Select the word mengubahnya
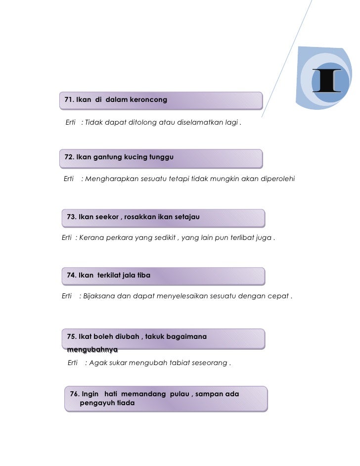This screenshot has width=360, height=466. (x=89, y=349)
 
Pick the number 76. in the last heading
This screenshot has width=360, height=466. (x=75, y=394)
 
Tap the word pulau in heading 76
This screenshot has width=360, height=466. (x=180, y=394)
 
